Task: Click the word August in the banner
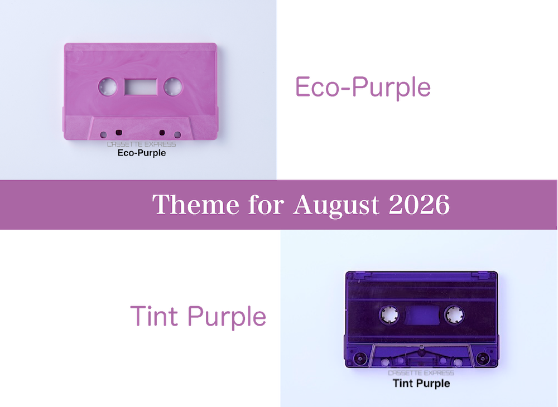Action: click(336, 205)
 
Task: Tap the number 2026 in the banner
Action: click(419, 205)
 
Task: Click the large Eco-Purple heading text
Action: click(363, 88)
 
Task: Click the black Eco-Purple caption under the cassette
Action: click(142, 153)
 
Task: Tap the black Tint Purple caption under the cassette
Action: click(421, 384)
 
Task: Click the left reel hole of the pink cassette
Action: click(108, 87)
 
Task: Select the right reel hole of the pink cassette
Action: click(173, 87)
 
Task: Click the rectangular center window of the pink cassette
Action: click(140, 87)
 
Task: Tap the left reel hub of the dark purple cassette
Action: click(389, 314)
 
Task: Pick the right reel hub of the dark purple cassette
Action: click(454, 314)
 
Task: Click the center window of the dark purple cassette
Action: click(422, 314)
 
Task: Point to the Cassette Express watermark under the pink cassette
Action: click(142, 144)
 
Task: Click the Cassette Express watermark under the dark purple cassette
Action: click(421, 373)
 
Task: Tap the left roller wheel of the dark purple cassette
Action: click(360, 358)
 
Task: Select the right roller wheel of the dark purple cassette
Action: click(483, 358)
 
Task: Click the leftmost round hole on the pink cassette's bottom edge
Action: click(104, 135)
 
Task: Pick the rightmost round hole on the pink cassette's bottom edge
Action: click(177, 135)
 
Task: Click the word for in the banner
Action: click(266, 205)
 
